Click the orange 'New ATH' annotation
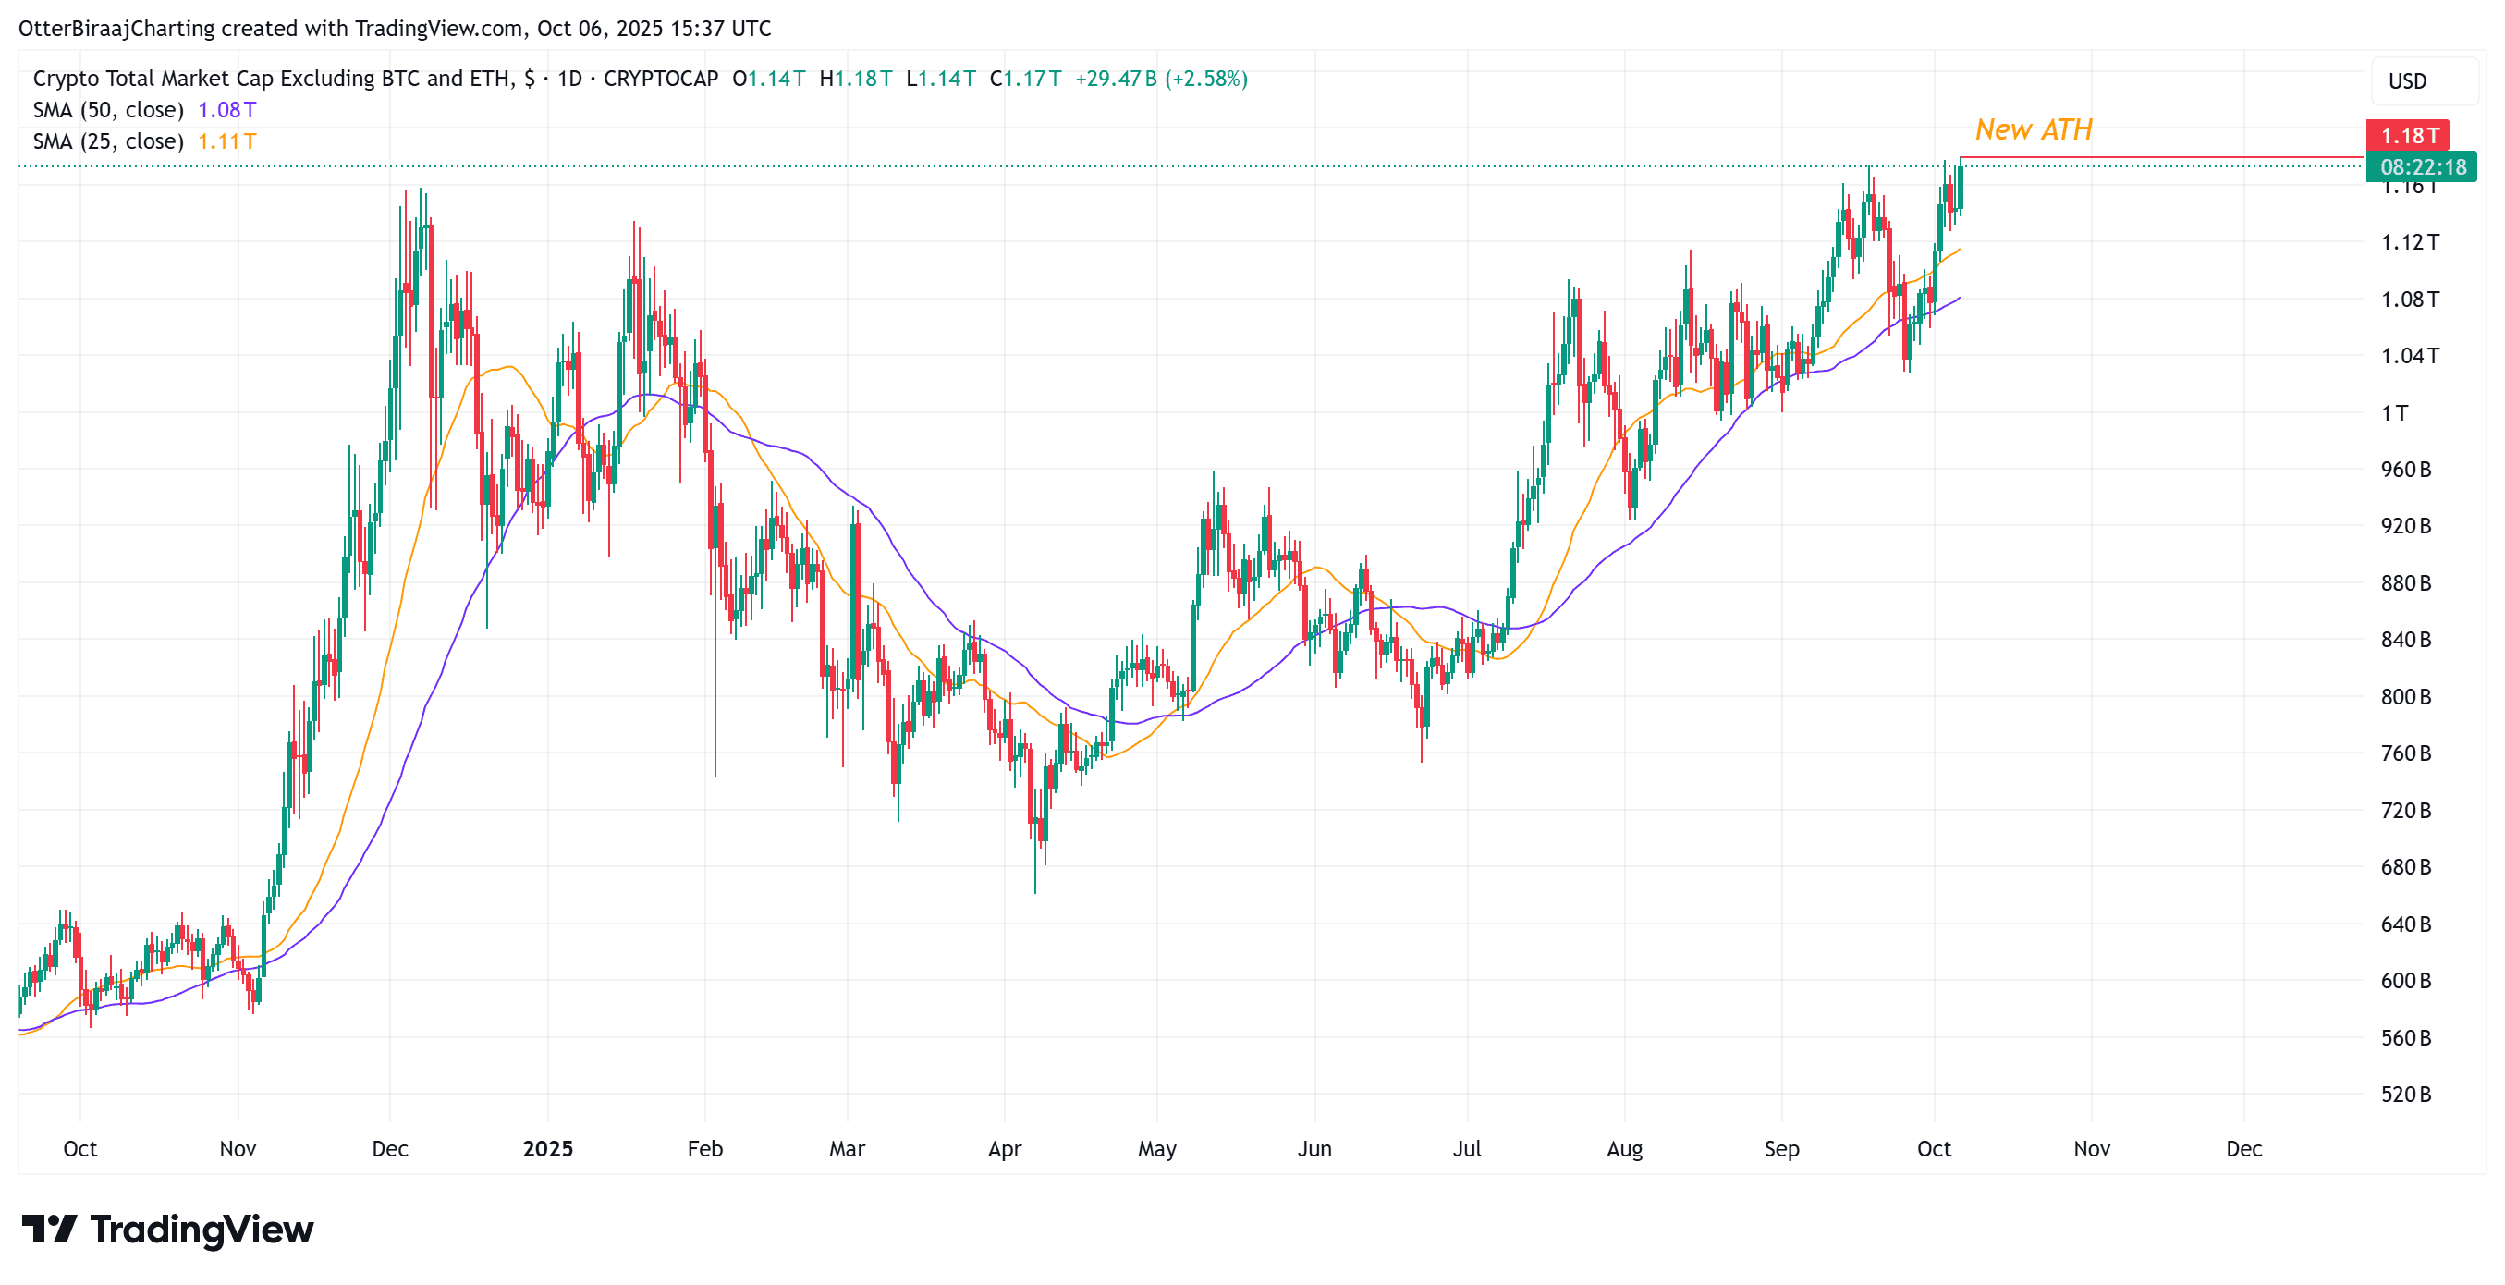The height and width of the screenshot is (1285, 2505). (x=2034, y=129)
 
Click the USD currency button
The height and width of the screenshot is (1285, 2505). (x=2407, y=81)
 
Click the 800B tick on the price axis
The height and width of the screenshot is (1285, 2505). (x=2405, y=697)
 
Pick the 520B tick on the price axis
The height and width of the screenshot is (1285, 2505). (x=2405, y=1095)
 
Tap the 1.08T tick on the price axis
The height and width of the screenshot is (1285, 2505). (x=2409, y=300)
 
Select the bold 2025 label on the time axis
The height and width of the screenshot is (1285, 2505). (x=547, y=1150)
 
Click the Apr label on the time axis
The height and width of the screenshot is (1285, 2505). (x=1005, y=1150)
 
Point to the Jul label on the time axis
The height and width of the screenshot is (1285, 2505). (x=1466, y=1150)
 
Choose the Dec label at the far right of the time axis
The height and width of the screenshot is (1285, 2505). (x=2243, y=1150)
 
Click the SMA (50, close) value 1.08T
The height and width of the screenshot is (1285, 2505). (x=226, y=110)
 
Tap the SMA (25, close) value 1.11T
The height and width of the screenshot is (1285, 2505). (x=226, y=142)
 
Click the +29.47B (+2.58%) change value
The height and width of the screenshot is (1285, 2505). (x=1161, y=79)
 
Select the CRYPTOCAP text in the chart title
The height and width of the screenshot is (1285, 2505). (x=660, y=79)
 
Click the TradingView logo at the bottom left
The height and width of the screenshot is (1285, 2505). (x=167, y=1230)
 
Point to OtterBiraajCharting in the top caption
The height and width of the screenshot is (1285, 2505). (x=116, y=29)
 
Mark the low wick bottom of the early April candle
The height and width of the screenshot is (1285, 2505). (x=1034, y=890)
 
